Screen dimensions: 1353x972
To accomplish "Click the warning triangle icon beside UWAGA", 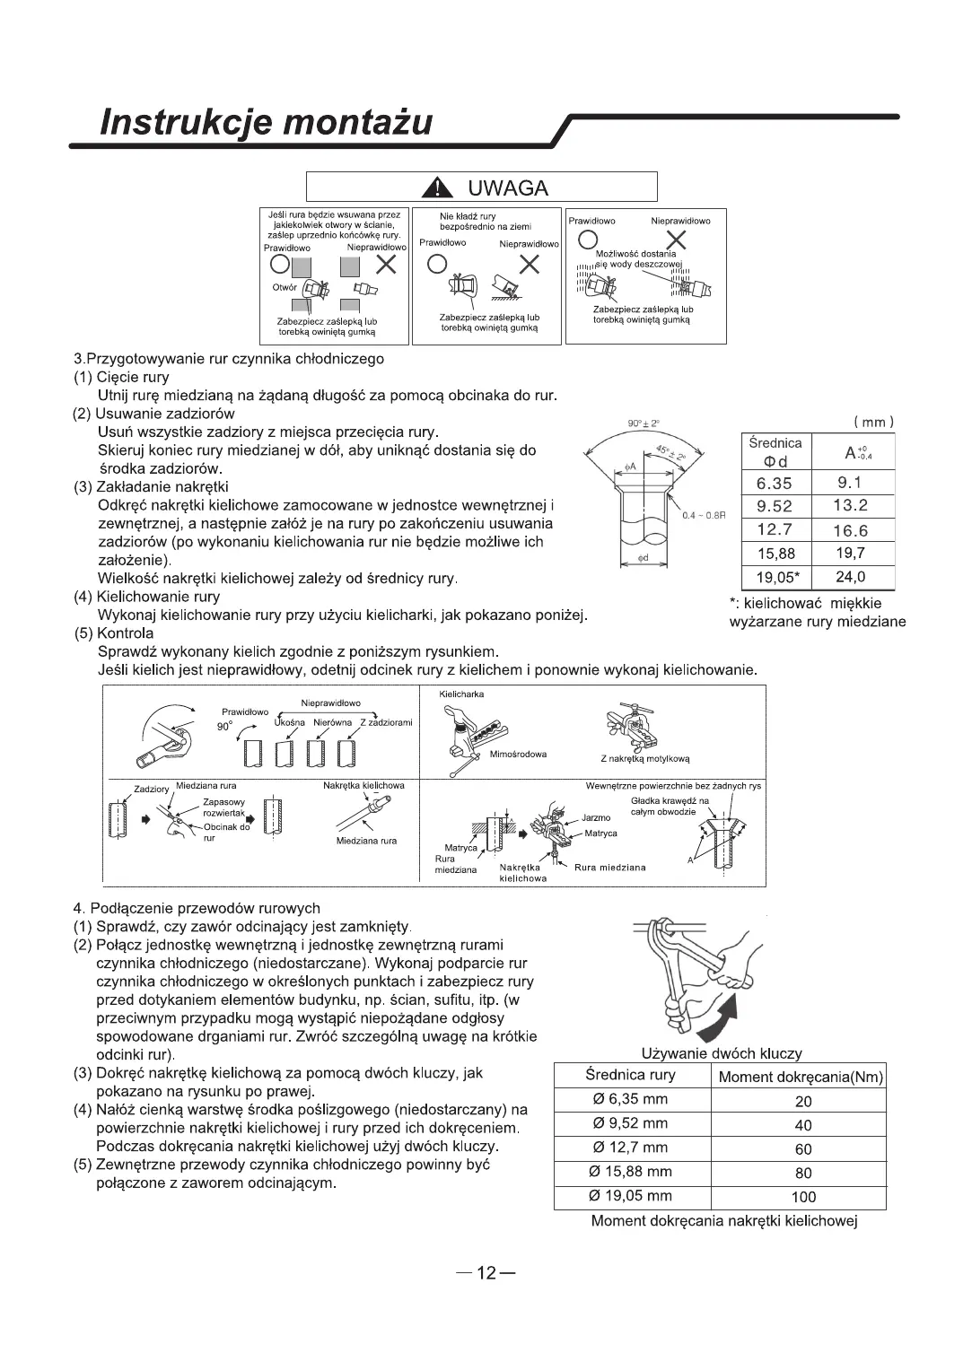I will [x=436, y=188].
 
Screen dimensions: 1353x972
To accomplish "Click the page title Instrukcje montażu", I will [x=266, y=122].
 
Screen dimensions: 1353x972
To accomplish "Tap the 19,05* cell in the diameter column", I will [x=776, y=577].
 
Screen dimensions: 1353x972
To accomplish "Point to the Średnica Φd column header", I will [x=775, y=452].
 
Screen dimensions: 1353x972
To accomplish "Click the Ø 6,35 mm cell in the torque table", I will [x=630, y=1099].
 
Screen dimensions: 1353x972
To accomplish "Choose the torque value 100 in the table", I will [x=803, y=1196].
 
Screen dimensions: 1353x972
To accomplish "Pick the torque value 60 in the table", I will [x=803, y=1148].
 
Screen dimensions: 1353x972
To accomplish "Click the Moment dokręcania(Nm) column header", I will [x=801, y=1077].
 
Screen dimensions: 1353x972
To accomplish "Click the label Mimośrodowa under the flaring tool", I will [x=519, y=754].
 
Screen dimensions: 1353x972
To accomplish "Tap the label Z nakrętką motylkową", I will [x=644, y=758].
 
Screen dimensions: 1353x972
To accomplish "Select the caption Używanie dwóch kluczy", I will [x=722, y=1053].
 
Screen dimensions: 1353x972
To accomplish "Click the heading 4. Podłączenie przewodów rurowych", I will [x=196, y=908].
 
